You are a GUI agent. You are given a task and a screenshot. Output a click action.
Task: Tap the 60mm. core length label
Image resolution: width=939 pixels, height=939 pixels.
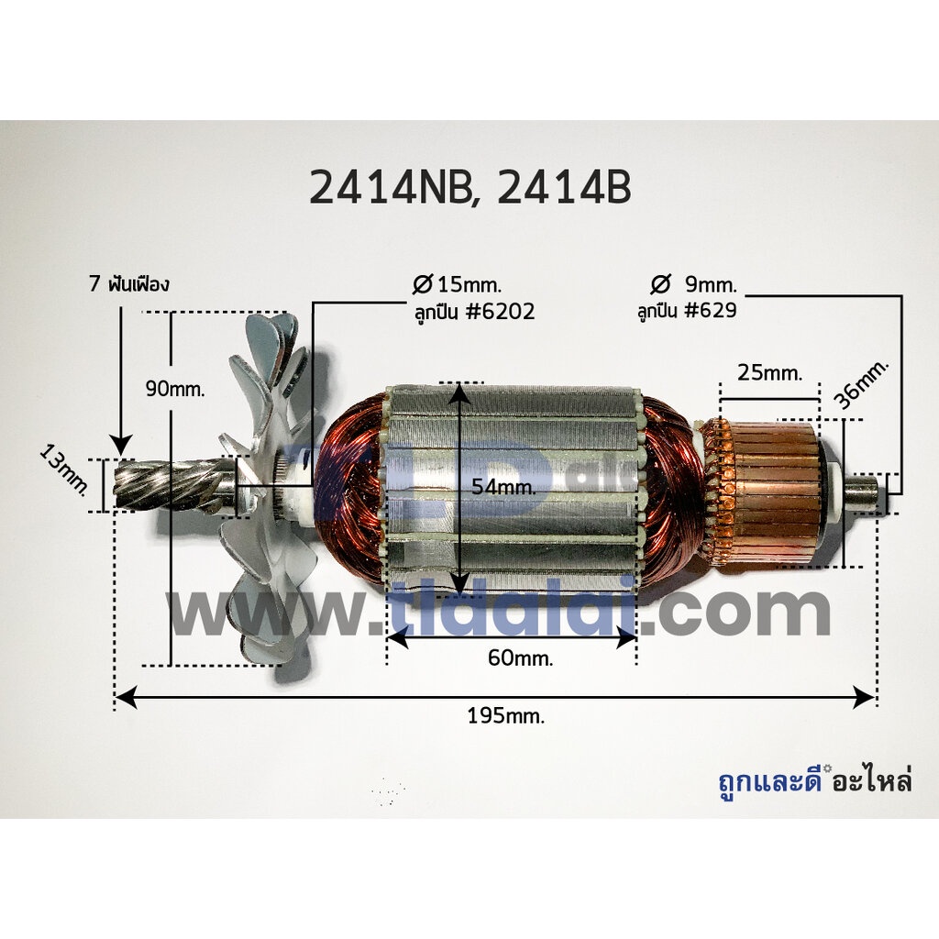point(521,658)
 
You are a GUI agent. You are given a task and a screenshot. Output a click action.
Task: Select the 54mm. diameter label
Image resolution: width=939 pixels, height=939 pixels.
point(503,486)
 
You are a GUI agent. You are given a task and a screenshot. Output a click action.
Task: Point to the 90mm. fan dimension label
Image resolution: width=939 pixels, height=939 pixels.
point(175,389)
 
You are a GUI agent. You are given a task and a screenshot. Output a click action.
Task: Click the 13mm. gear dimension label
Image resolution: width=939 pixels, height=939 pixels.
point(64,477)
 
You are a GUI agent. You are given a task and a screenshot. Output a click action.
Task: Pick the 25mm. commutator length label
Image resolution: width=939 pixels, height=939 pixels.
point(769,373)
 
